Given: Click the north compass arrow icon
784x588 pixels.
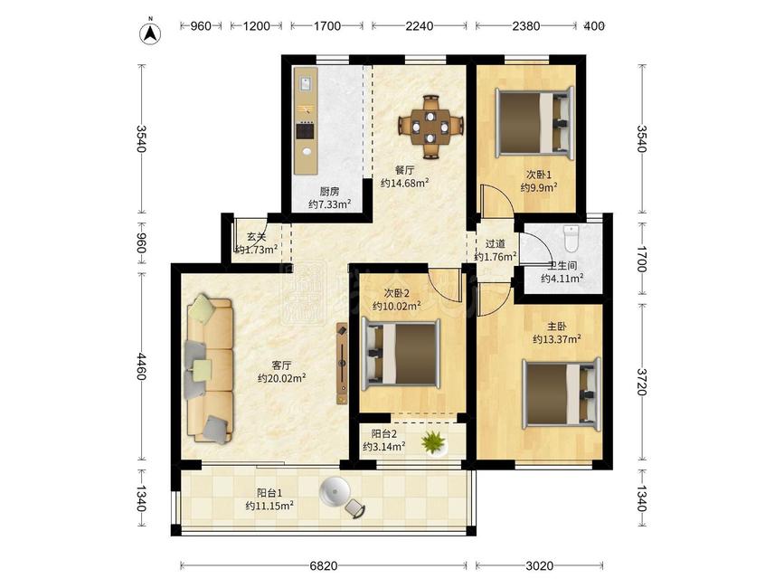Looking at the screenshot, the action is point(150,32).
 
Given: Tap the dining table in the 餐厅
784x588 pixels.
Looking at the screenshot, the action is point(430,127).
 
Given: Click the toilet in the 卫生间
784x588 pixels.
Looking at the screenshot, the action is point(571,238).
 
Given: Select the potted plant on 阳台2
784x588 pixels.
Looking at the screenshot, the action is point(434,443).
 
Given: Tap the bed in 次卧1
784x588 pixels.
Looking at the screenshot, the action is point(534,123).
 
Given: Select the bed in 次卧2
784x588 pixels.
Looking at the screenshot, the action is point(401,355).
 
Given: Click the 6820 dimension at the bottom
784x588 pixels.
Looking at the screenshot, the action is point(324,565).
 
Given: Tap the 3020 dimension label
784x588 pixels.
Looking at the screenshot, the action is point(540,565).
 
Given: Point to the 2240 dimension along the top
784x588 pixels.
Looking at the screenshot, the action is point(419,25).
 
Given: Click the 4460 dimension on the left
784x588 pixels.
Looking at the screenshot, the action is point(142,366).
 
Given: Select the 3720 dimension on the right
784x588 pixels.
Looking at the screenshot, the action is point(641,382).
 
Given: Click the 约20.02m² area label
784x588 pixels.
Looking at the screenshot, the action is point(281,378).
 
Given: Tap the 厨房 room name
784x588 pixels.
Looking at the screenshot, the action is point(329,191).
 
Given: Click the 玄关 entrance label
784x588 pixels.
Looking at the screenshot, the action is point(257,237).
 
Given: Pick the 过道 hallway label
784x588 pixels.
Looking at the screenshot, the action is point(495,244).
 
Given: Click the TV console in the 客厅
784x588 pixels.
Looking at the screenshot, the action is point(343,363).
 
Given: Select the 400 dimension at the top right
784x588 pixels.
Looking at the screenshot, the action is point(594,25).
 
